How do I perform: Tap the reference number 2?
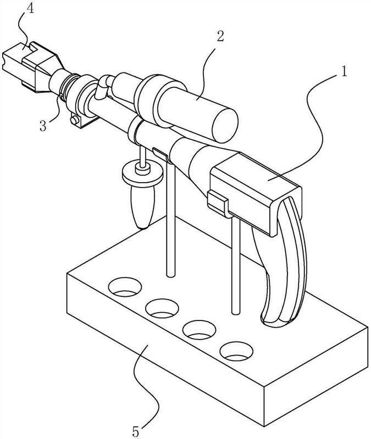[220, 37]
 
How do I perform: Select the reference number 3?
[43, 126]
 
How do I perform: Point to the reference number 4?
[30, 8]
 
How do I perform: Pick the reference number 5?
[135, 432]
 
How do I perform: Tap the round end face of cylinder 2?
[225, 125]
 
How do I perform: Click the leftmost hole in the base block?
[125, 287]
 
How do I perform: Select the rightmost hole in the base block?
[236, 351]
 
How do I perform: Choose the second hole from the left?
[162, 308]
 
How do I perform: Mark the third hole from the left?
[199, 330]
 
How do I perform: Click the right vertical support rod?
[236, 266]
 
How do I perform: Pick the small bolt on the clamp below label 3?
[75, 121]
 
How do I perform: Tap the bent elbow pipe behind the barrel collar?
[102, 87]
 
